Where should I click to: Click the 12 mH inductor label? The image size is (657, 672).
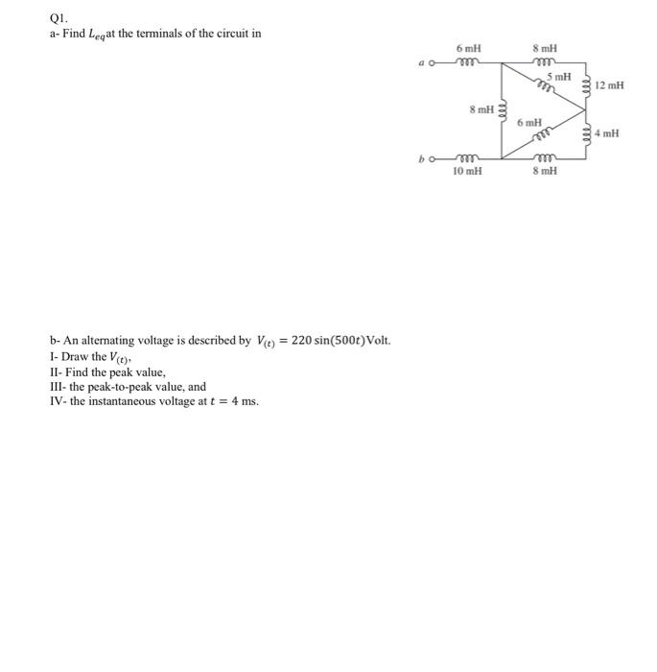[x=609, y=85]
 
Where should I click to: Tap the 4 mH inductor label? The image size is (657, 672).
[x=607, y=133]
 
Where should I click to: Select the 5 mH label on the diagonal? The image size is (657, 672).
[x=559, y=76]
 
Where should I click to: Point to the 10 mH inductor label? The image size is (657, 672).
[x=468, y=171]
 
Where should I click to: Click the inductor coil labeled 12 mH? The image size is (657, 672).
[x=588, y=85]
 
